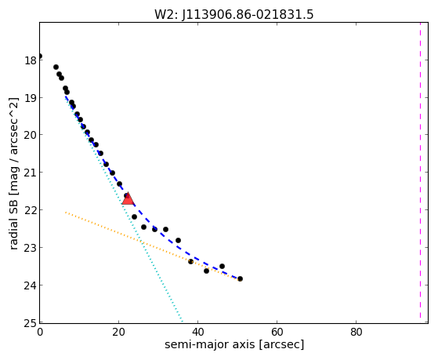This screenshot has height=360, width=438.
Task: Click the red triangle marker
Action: [x=128, y=199]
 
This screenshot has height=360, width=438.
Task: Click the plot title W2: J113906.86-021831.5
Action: [x=234, y=14]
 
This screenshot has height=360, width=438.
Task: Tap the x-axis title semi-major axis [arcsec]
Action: [x=234, y=344]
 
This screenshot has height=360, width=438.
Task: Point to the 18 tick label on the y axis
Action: [x=31, y=60]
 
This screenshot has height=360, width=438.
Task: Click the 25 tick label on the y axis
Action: [x=31, y=323]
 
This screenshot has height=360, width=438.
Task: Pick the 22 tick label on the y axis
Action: [x=31, y=209]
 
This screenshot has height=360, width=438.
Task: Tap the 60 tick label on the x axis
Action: [x=277, y=333]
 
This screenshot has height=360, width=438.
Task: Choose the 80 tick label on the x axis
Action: [x=357, y=333]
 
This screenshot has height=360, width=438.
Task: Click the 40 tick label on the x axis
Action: [x=197, y=333]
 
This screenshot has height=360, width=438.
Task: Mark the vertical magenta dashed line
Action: [x=420, y=170]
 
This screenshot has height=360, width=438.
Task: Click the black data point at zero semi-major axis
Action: [x=40, y=56]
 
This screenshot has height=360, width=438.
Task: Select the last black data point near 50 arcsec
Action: [x=240, y=278]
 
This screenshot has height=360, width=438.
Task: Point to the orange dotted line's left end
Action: [x=65, y=213]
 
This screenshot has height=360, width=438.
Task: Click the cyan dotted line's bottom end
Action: [x=182, y=322]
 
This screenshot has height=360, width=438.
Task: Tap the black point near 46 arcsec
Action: [x=222, y=266]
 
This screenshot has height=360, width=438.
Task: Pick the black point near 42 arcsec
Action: [x=206, y=271]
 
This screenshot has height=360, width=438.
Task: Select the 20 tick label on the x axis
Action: [x=119, y=333]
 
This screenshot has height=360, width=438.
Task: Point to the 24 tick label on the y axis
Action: [x=31, y=285]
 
